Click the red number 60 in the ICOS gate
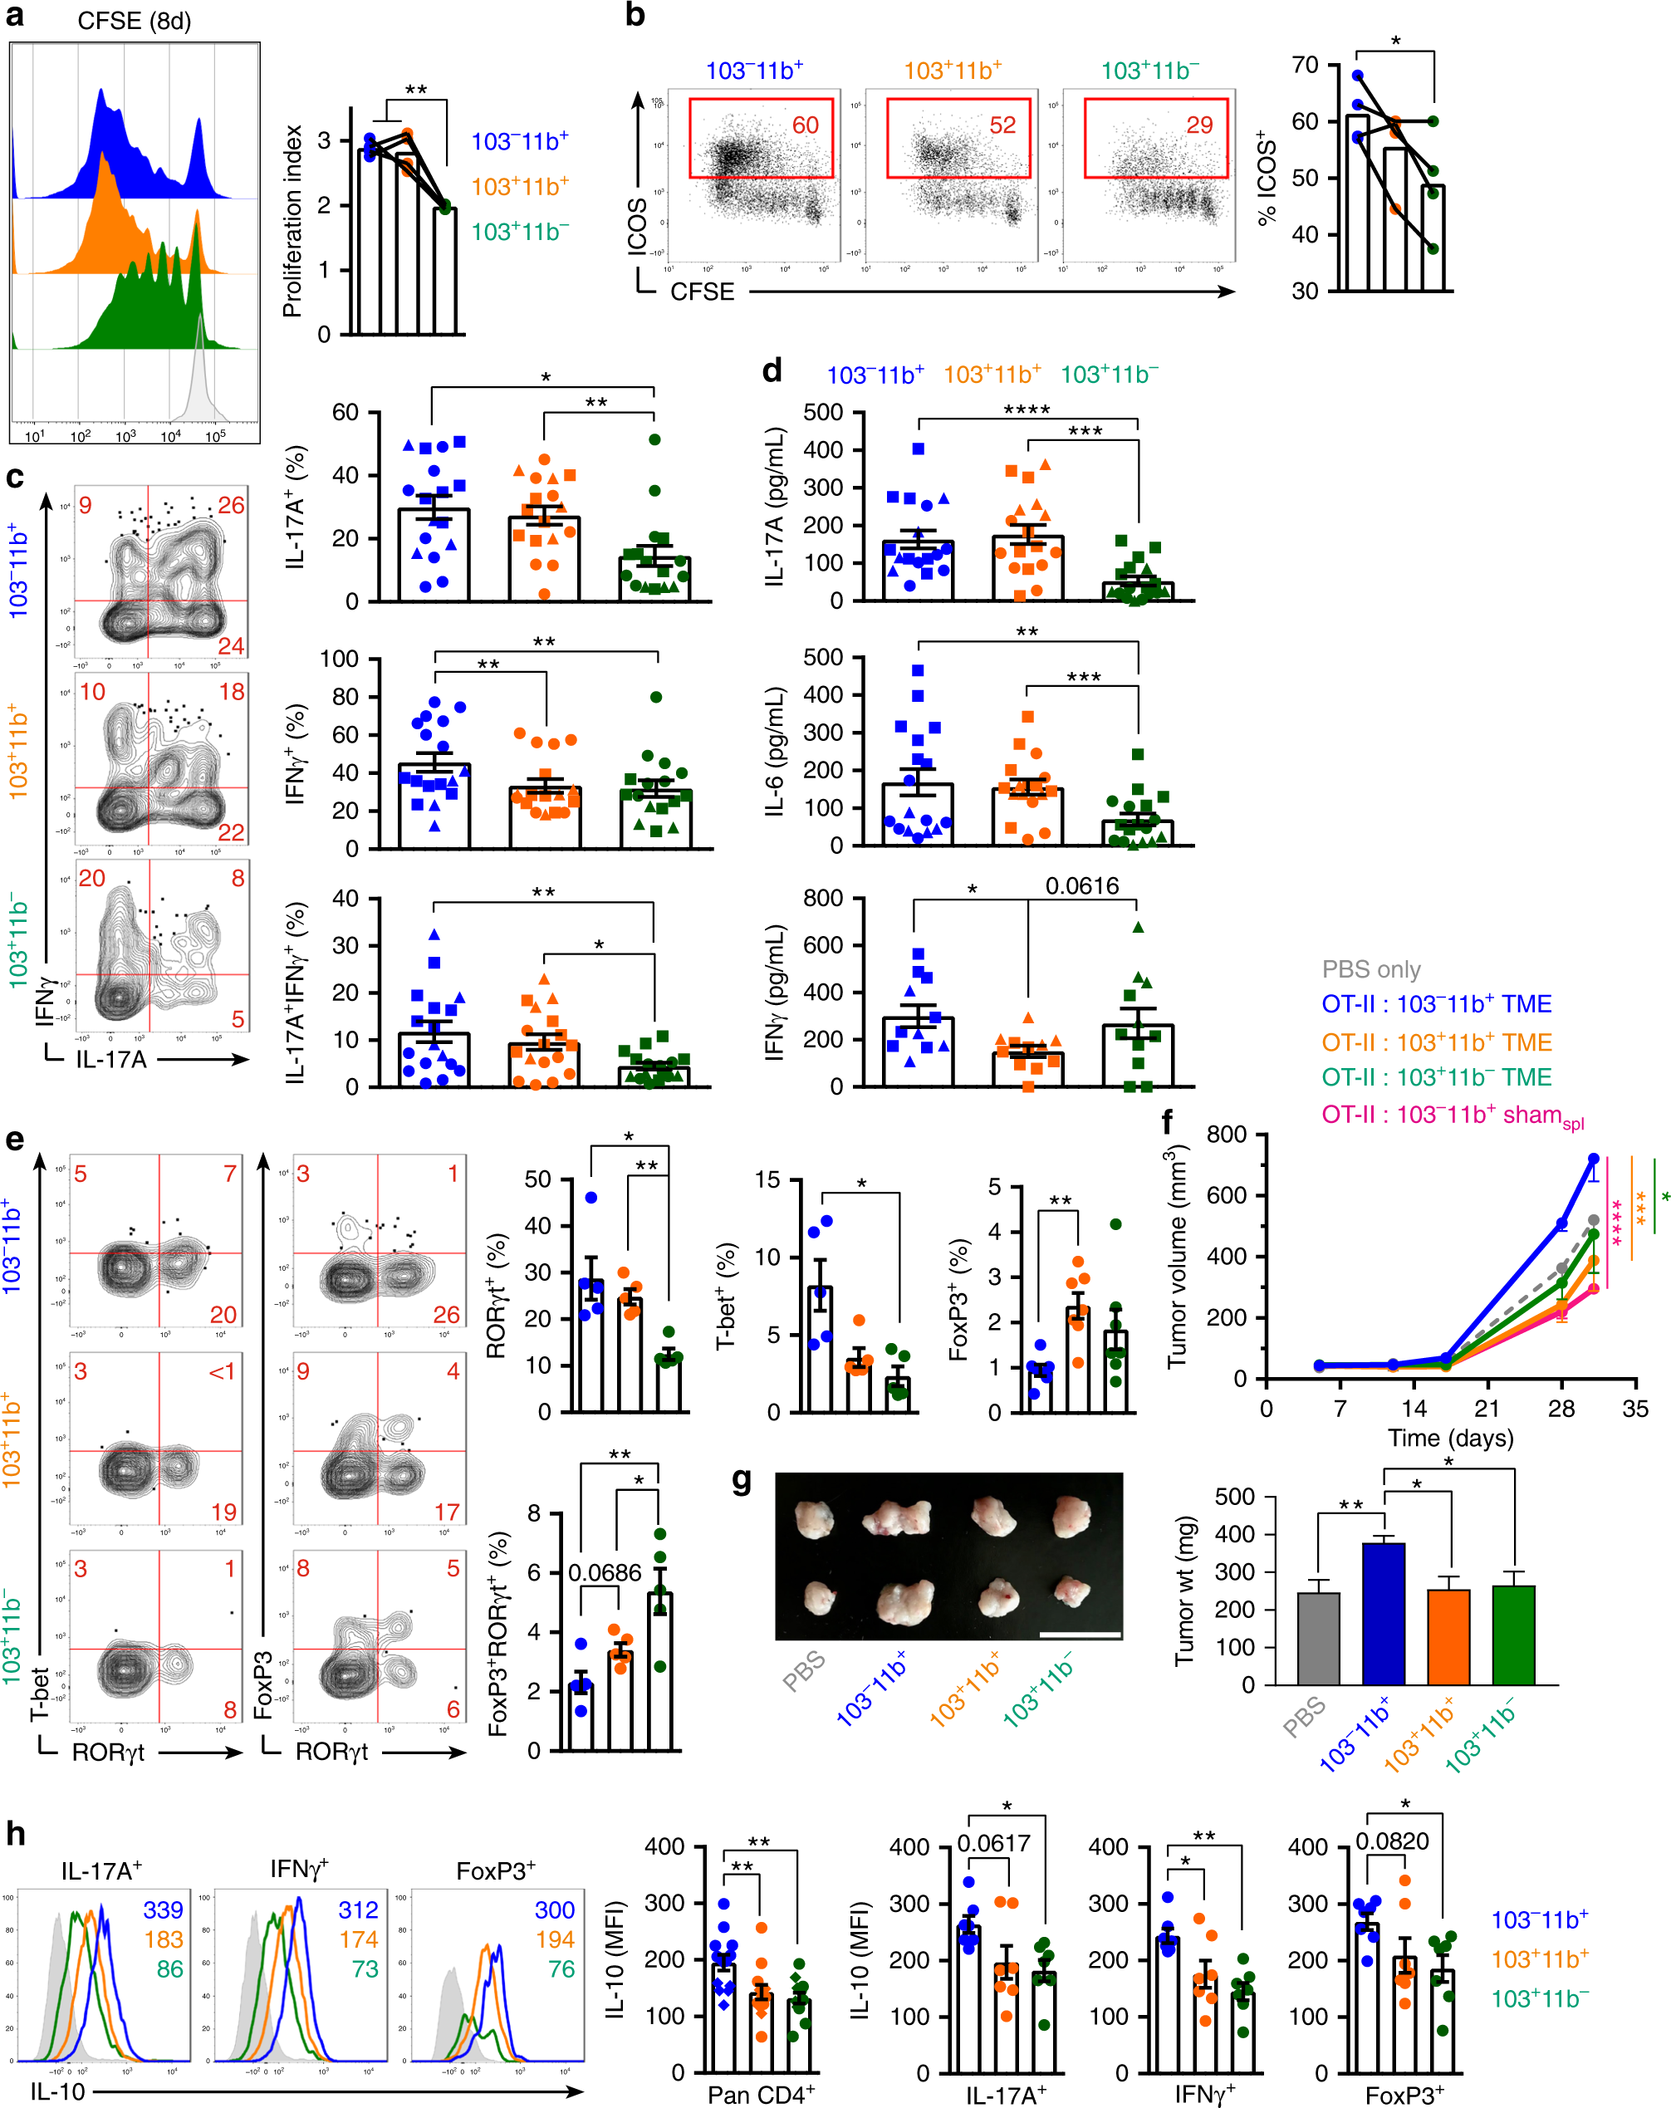pos(805,125)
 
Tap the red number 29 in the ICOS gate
pos(1198,125)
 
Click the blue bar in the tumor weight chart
pos(1384,1611)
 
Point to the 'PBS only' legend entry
pos(1371,969)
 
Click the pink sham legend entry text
pos(1452,1115)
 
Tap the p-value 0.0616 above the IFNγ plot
pos(1081,886)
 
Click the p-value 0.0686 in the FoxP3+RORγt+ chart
pos(605,1572)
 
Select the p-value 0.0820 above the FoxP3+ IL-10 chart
pos(1391,1841)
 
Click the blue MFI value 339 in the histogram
pos(164,1909)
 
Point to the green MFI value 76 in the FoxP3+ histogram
pos(561,1968)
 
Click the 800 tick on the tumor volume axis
pos(1226,1135)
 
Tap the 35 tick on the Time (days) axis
pos(1634,1409)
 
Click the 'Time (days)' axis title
pos(1450,1437)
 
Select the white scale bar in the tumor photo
pos(1080,1634)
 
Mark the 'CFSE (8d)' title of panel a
pos(134,22)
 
